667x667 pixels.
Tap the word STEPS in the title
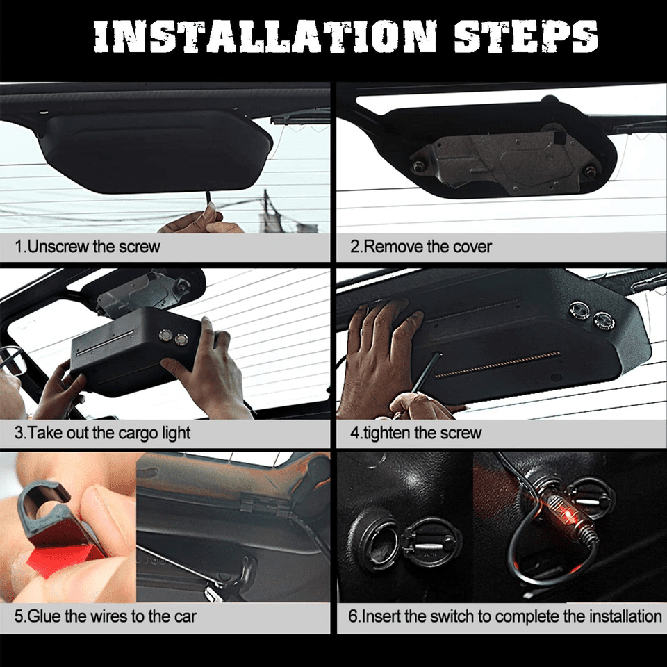pos(525,36)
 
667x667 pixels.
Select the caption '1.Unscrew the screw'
pos(88,247)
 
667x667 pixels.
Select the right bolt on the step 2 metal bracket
pos(590,171)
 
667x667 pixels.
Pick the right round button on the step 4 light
pos(602,320)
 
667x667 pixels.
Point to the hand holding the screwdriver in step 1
pos(198,222)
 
